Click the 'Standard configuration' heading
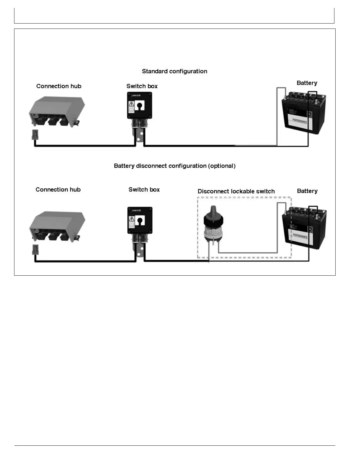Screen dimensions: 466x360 pos(174,71)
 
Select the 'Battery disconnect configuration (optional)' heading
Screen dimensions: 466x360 pos(174,166)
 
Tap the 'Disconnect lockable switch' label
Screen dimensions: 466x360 pos(236,191)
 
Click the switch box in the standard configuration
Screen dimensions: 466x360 pos(139,105)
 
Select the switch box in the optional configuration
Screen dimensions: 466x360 pos(140,220)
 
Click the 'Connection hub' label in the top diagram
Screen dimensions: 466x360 pos(59,86)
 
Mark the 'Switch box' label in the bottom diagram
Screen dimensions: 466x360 pos(144,189)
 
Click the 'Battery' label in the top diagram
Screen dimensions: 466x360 pos(307,83)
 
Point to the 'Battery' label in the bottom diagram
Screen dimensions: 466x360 pos(307,191)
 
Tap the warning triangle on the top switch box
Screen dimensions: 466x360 pos(131,104)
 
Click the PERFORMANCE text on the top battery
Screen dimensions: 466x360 pos(300,121)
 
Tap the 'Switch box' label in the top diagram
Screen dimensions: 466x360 pos(142,86)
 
